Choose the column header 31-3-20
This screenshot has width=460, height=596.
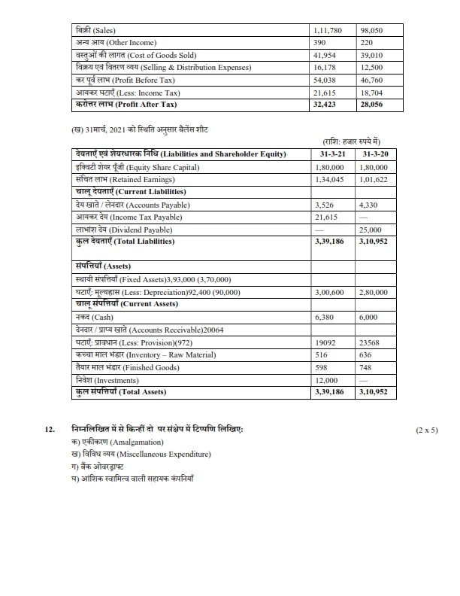(x=374, y=154)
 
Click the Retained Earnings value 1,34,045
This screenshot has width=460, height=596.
(x=329, y=180)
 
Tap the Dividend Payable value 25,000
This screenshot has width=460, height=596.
(x=372, y=230)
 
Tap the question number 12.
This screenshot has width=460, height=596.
(x=50, y=429)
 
